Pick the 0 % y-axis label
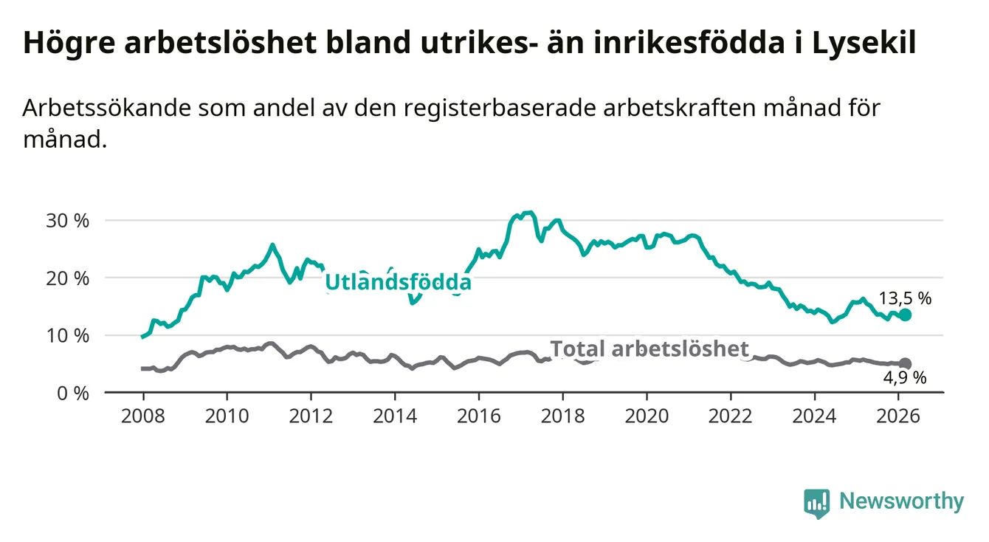(74, 393)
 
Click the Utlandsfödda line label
(398, 282)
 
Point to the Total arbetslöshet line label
(649, 349)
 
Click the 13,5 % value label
(905, 298)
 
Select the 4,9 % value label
(905, 378)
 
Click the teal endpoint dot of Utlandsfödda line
(905, 315)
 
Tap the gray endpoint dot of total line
(905, 363)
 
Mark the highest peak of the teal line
(527, 213)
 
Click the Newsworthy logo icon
(816, 502)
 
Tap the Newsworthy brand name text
(901, 502)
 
